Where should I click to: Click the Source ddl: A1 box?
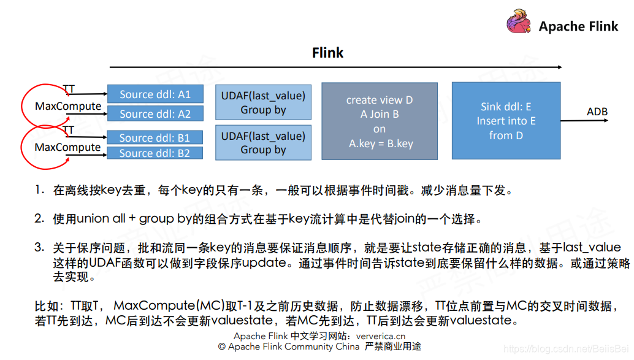point(155,94)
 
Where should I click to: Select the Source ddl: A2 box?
point(155,113)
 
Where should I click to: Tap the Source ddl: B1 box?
point(155,137)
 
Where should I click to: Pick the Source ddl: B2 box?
point(155,153)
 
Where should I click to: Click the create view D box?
point(380,121)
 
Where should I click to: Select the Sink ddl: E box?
point(506,121)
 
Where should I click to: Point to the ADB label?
point(597,112)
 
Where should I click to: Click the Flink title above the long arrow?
point(327,53)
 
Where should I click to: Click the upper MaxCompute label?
point(68,106)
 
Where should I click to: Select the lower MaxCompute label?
point(67,147)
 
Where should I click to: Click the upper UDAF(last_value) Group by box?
point(263,102)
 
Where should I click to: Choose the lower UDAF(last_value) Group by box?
point(263,142)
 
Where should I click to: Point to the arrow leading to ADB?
point(586,121)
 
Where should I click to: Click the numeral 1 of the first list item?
point(39,190)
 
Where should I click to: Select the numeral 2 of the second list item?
point(39,218)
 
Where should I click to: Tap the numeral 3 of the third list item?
point(39,247)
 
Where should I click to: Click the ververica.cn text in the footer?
point(381,336)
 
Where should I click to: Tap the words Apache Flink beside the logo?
point(579,26)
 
